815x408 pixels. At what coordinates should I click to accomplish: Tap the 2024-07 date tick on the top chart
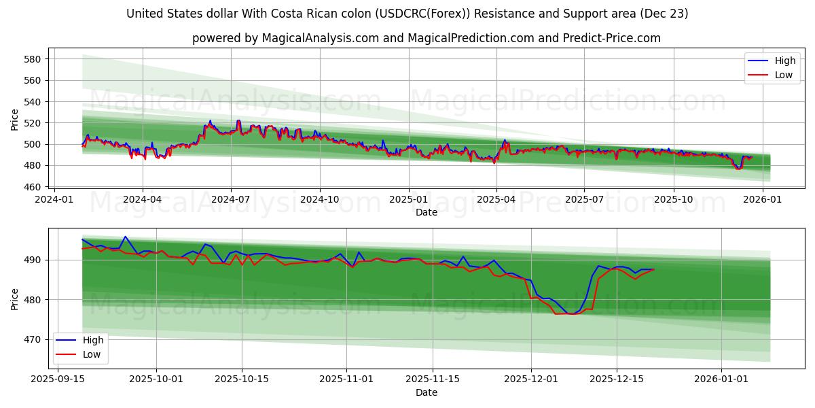pos(231,199)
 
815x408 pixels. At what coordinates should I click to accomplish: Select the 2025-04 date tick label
pos(496,199)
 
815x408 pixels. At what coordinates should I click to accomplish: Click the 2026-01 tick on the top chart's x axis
pos(762,199)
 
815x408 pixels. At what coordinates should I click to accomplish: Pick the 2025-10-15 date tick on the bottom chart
pos(242,379)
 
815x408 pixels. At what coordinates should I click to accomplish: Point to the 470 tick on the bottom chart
pos(34,339)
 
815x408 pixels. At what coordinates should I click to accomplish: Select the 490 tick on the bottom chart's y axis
pos(34,260)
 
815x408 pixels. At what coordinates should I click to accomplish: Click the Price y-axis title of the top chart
pos(15,120)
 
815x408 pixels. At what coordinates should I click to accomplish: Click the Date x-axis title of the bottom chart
pos(427,392)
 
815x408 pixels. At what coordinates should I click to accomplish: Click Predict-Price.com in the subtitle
pos(615,38)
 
